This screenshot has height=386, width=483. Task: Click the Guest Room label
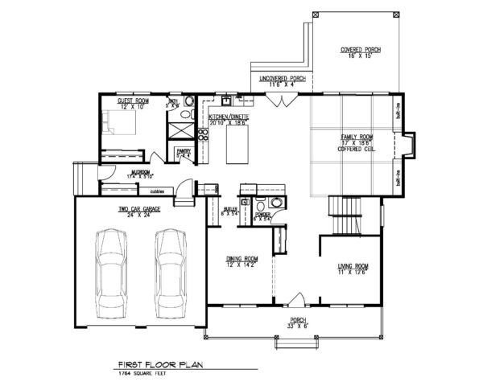point(130,103)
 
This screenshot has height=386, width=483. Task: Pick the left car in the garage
point(111,273)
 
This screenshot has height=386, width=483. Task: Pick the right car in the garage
point(171,273)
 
